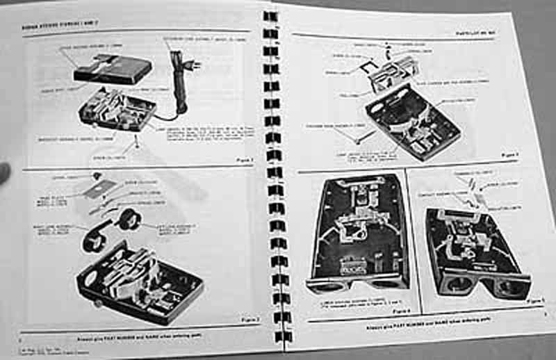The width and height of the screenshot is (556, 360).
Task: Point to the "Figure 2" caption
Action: point(248,319)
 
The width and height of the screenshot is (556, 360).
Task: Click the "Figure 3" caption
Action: point(511,154)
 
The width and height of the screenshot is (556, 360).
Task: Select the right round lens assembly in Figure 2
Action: point(129,219)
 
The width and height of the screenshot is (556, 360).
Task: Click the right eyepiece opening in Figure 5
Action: point(508,286)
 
